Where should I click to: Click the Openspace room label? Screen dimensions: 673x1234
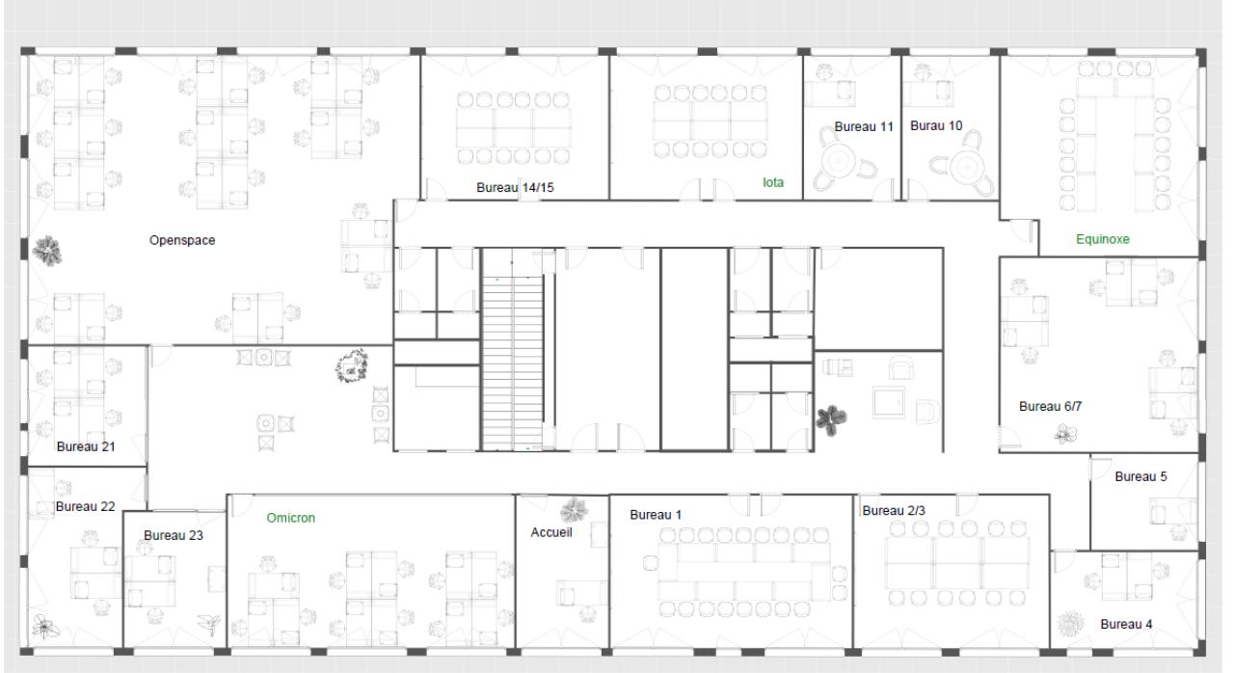pos(182,240)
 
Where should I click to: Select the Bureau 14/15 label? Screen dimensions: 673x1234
pos(515,187)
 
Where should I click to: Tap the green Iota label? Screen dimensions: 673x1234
pos(772,181)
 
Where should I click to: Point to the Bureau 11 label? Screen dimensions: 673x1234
pos(864,126)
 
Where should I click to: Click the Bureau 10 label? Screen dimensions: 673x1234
pos(936,125)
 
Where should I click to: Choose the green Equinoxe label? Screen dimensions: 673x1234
pos(1102,239)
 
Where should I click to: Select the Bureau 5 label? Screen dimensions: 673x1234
pos(1141,476)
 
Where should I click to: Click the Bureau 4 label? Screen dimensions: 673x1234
pos(1126,624)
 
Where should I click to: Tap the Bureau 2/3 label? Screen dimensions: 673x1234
pos(894,510)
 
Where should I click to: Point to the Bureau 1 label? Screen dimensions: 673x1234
pos(656,515)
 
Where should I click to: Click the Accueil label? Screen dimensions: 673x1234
pos(550,532)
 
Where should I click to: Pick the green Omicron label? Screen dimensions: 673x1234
pos(290,518)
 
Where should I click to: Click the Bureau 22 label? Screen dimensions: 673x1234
pos(85,506)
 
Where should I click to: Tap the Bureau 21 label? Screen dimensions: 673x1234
pos(86,446)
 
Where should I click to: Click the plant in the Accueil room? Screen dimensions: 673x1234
pos(574,508)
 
